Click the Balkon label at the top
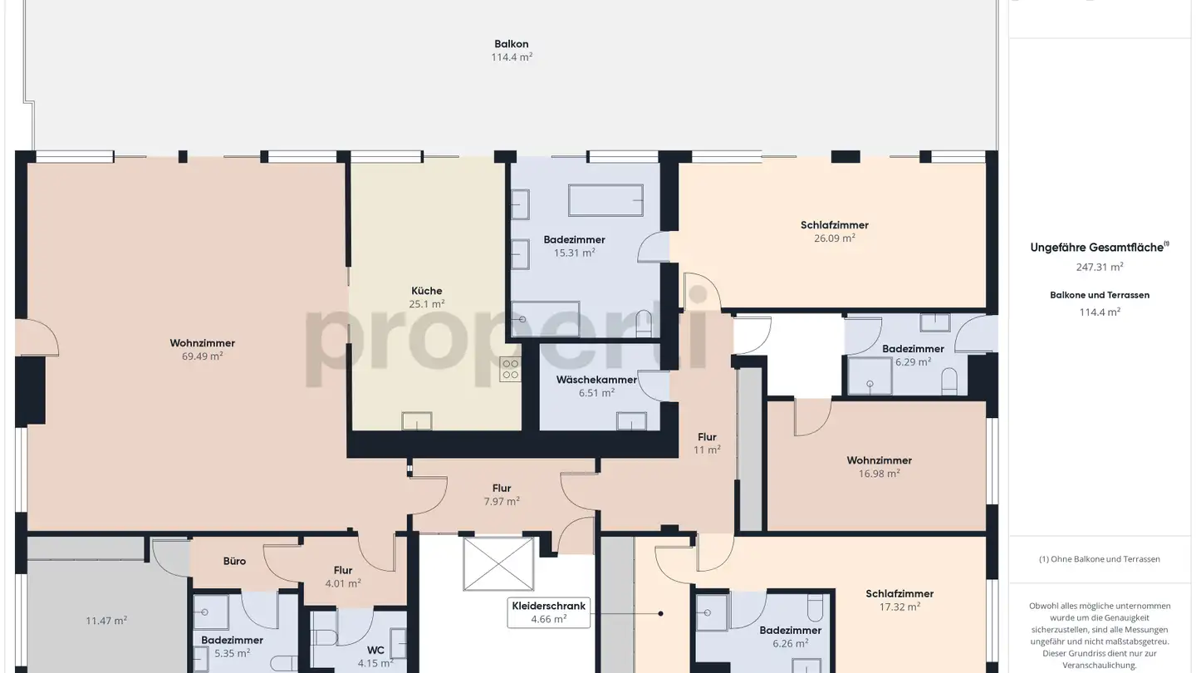[x=511, y=44]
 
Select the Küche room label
[x=426, y=291]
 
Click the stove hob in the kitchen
[x=510, y=370]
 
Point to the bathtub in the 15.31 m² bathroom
[x=605, y=200]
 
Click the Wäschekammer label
[x=596, y=380]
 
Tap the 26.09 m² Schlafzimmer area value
[x=834, y=238]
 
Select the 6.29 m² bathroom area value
[x=913, y=362]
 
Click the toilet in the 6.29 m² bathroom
[x=950, y=383]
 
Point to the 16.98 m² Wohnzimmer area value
[x=879, y=474]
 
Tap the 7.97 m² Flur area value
[x=501, y=501]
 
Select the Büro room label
[x=234, y=561]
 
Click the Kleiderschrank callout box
[x=548, y=612]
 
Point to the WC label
[x=375, y=651]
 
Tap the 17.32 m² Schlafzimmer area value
[x=899, y=607]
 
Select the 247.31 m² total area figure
[x=1099, y=267]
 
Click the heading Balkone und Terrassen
[x=1099, y=295]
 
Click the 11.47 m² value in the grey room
[x=106, y=621]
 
